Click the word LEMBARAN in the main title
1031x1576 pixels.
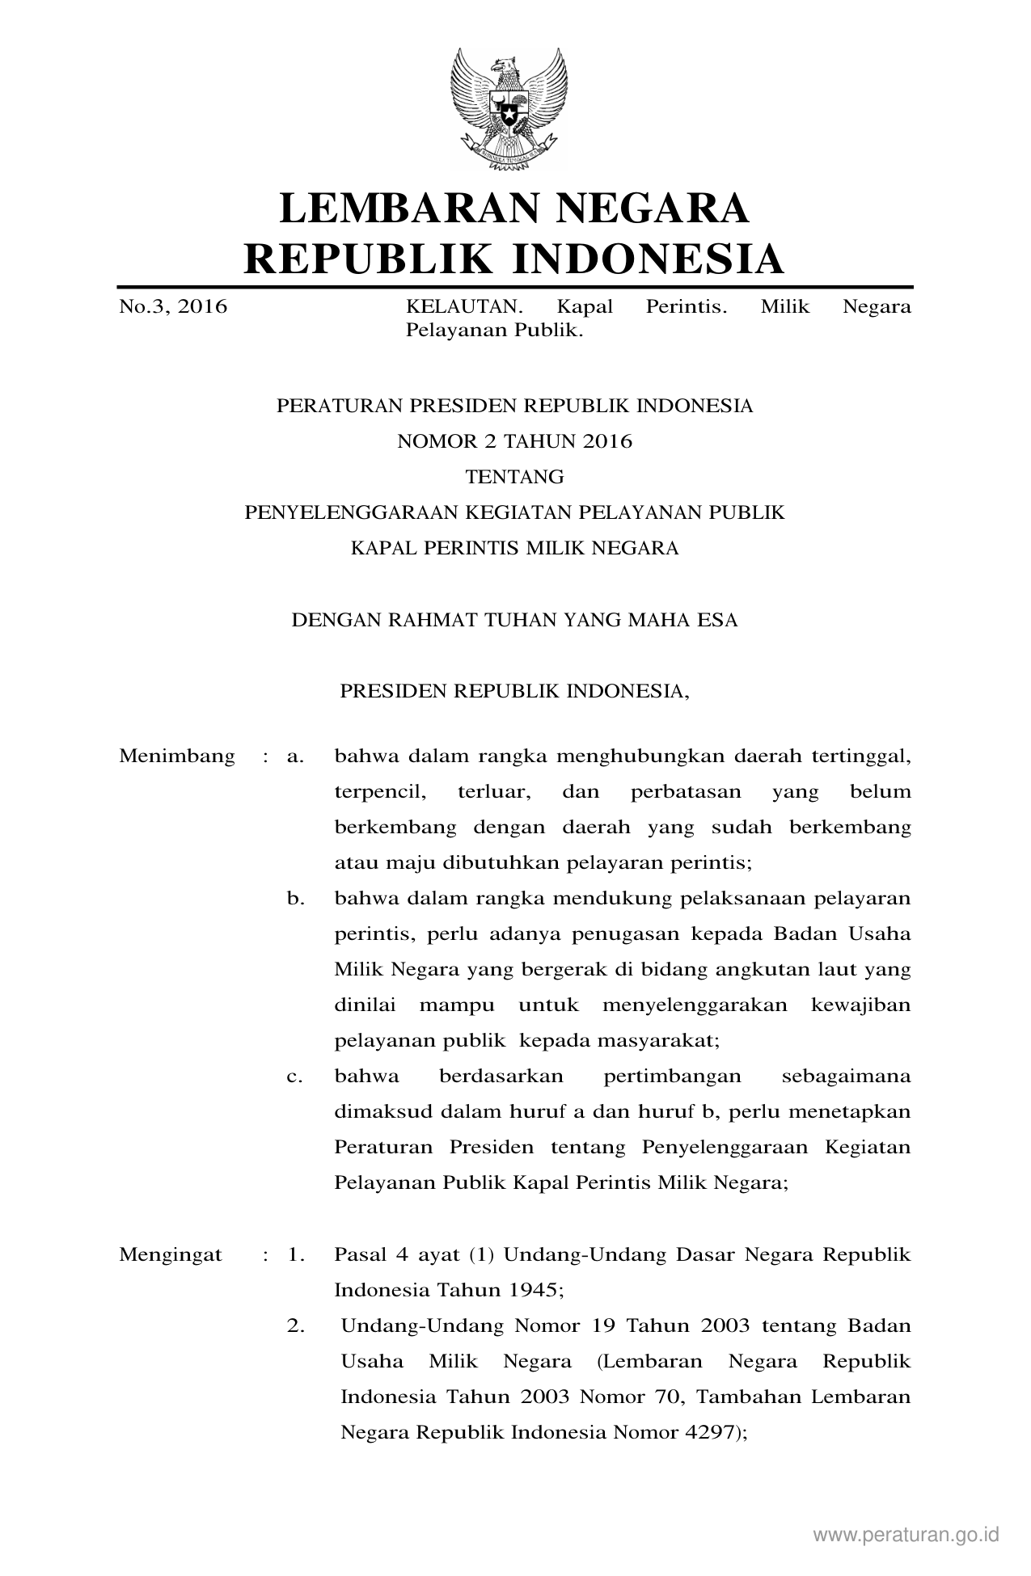coord(399,209)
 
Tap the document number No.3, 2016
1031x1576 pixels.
coord(173,307)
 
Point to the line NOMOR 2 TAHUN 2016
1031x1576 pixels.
coord(514,441)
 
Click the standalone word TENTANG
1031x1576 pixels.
coord(514,477)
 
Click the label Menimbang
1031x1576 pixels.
coord(177,756)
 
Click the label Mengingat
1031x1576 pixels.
coord(171,1255)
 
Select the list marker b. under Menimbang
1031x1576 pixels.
coord(295,899)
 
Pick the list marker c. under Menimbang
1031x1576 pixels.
coord(294,1077)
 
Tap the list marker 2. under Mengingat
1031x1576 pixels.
coord(295,1326)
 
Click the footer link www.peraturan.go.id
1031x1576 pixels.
coord(906,1535)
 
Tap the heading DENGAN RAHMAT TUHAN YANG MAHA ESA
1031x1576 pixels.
coord(514,621)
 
